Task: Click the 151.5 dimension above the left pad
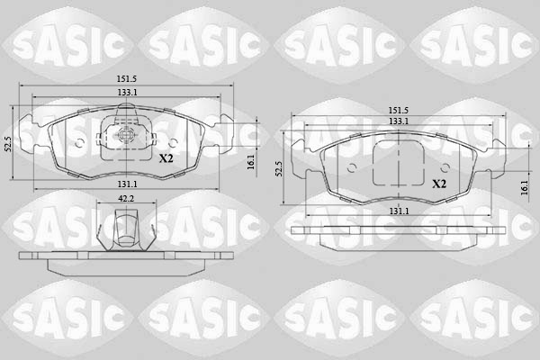[x=126, y=79]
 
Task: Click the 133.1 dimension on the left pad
[x=126, y=93]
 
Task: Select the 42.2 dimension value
[x=126, y=198]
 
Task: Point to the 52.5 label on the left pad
[x=9, y=144]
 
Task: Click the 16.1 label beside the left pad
[x=251, y=162]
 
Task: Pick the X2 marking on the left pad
[x=166, y=158]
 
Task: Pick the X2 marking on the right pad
[x=439, y=184]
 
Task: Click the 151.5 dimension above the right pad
[x=399, y=111]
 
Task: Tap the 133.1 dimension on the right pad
[x=399, y=121]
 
